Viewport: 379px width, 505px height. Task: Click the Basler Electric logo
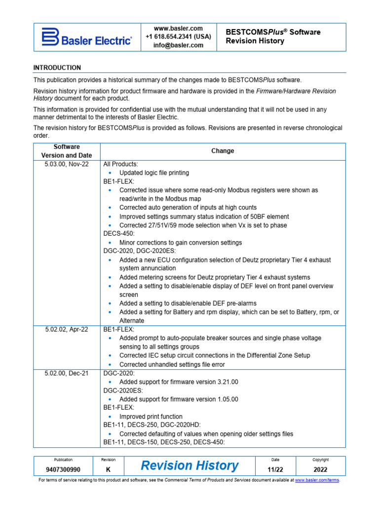point(86,36)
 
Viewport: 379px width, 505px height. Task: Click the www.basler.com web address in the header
point(178,29)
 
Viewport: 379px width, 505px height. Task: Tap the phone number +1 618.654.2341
point(178,37)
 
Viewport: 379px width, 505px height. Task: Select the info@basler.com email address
point(178,45)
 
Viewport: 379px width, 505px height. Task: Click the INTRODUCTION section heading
point(57,68)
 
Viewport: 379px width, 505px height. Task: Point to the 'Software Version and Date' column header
point(67,151)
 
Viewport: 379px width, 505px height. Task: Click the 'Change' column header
point(223,151)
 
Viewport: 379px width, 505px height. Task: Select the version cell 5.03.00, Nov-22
point(67,164)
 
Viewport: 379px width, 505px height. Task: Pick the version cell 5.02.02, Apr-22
point(67,329)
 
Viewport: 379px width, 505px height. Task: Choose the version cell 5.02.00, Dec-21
point(67,373)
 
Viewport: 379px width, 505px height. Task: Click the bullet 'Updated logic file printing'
point(154,173)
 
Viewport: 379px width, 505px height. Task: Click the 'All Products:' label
point(121,164)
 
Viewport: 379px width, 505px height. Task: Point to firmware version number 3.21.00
point(222,382)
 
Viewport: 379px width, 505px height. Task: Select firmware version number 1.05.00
point(222,399)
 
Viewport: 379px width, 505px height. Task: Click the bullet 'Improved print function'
point(151,417)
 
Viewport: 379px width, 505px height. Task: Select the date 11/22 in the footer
point(275,470)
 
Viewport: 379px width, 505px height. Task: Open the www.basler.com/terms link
point(317,480)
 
